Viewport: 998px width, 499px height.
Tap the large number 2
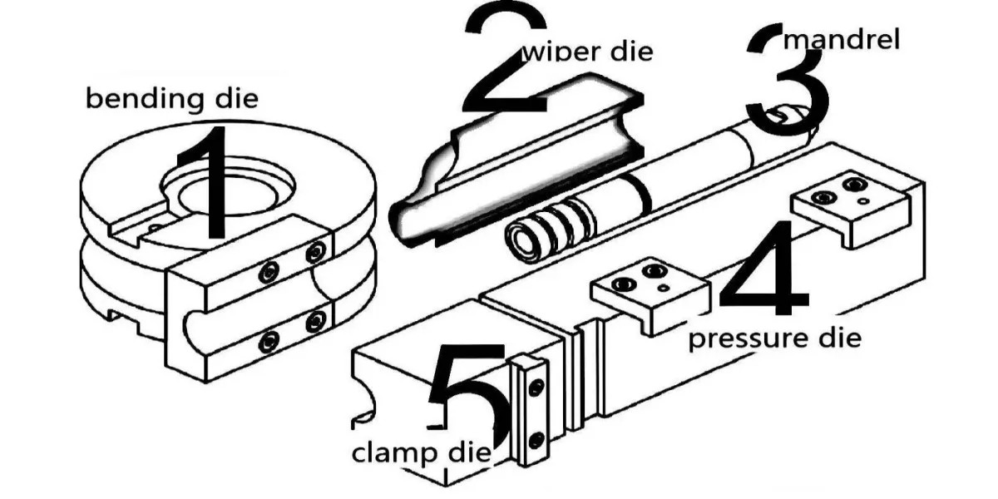506,58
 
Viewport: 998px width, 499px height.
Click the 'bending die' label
172,99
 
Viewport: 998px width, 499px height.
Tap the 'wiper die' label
587,52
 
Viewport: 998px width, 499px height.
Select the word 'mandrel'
842,39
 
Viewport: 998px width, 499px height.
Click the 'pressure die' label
775,339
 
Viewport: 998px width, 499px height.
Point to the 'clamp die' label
422,454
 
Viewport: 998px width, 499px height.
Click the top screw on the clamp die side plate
536,387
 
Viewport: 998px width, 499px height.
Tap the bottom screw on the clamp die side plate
536,440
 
